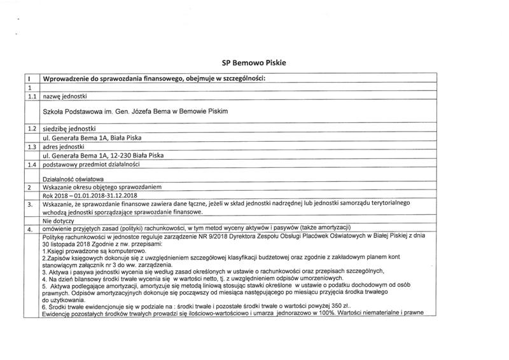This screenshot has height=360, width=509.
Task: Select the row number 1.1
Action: (29, 96)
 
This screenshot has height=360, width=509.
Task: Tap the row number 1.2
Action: (29, 128)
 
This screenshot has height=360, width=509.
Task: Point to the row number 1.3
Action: (29, 147)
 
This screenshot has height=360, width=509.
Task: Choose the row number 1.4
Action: (29, 165)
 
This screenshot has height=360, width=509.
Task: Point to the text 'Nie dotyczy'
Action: (59, 221)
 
